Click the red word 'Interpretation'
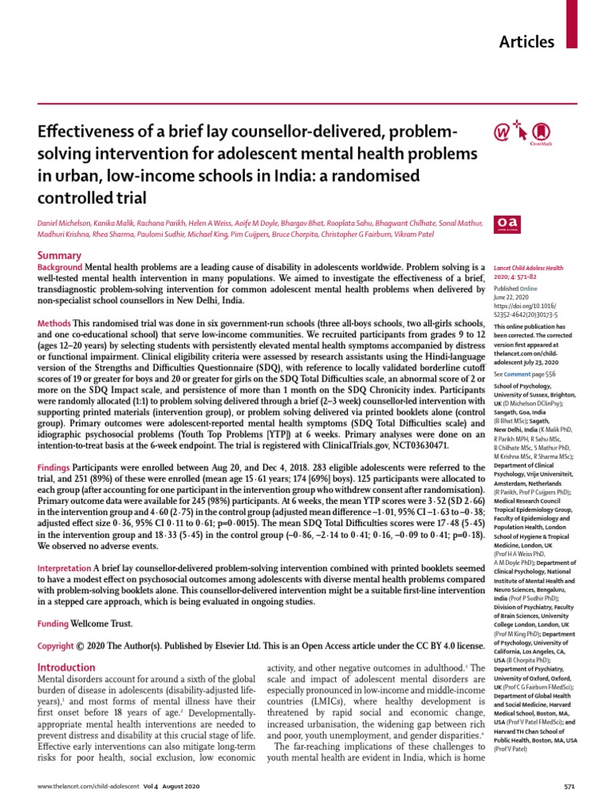point(65,569)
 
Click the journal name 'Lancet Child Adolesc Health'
point(528,268)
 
